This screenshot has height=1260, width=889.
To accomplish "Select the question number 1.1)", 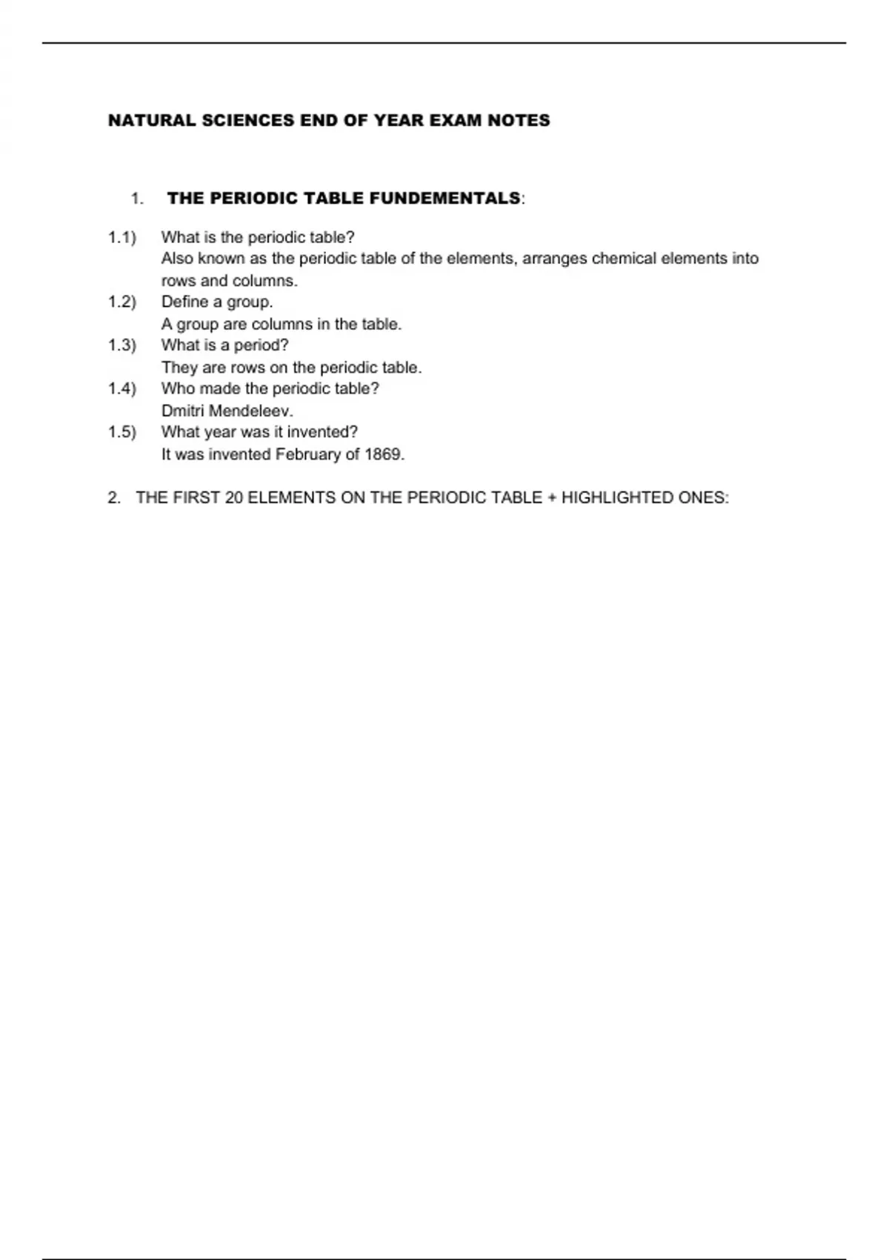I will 122,238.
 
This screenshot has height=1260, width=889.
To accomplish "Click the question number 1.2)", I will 122,302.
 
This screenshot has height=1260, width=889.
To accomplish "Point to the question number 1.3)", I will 122,345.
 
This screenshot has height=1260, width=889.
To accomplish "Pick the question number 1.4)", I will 122,388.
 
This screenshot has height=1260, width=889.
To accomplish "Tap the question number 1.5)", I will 122,432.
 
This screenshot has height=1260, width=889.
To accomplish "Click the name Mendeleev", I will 251,411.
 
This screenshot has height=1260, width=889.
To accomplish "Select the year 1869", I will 384,454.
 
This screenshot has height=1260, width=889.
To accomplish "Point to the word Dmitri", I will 183,411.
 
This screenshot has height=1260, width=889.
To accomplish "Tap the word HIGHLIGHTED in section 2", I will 617,498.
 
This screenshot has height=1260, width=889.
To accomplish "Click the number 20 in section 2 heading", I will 234,498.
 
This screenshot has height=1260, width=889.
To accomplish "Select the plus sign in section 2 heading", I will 551,498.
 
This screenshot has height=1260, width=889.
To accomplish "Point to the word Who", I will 176,388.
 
